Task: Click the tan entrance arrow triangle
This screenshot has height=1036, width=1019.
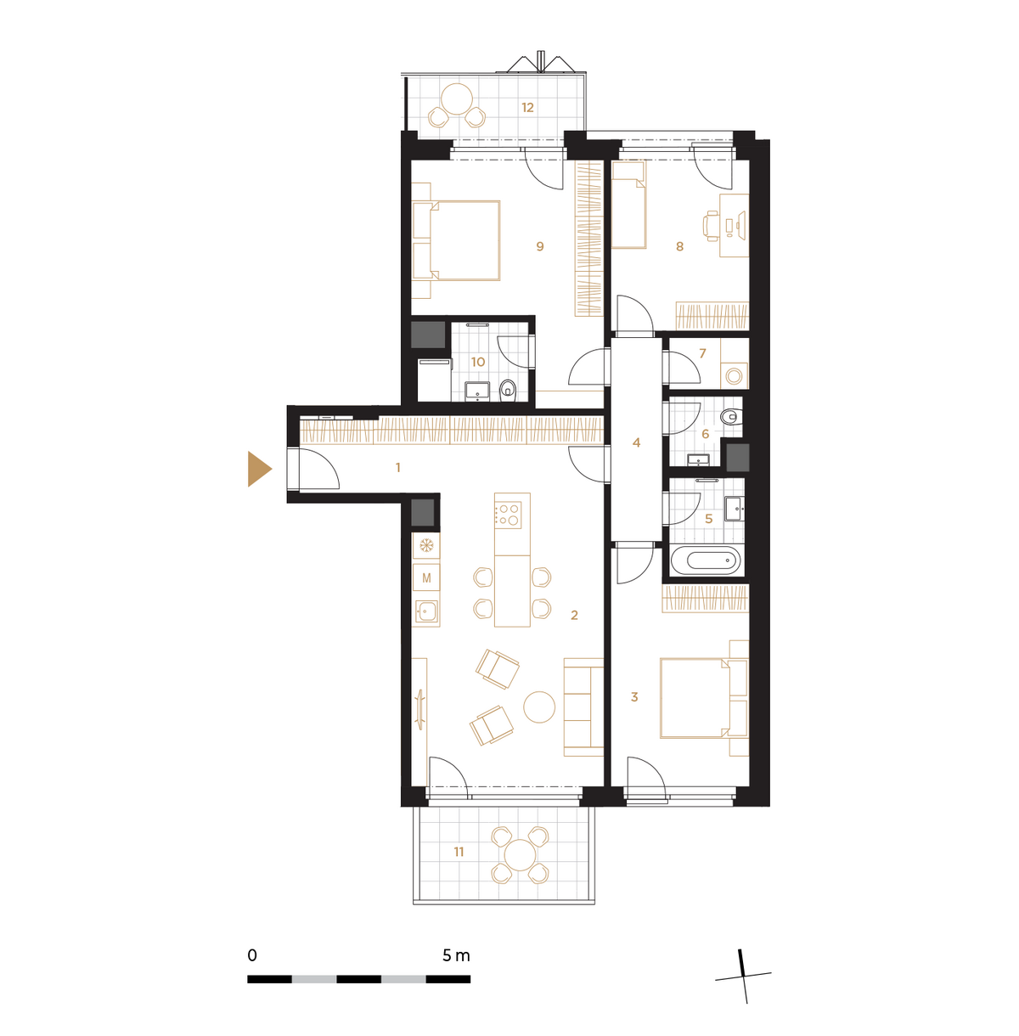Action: click(x=258, y=469)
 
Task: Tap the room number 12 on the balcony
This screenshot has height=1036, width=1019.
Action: click(x=527, y=108)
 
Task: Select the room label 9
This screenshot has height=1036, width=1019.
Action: click(x=540, y=246)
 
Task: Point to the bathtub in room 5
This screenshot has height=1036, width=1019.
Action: click(x=707, y=560)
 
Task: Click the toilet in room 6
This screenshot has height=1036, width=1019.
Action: click(x=730, y=416)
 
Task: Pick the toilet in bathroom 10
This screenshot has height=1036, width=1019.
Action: click(x=508, y=391)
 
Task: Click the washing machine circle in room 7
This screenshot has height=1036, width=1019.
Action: click(x=734, y=375)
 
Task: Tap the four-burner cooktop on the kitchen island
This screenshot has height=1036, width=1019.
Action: click(x=508, y=515)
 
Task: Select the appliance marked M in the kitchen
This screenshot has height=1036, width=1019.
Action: click(x=426, y=578)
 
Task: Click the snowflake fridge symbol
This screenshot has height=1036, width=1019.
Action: click(x=426, y=546)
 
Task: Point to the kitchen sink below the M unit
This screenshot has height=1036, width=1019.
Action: click(x=426, y=611)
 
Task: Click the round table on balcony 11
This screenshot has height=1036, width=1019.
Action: click(x=520, y=855)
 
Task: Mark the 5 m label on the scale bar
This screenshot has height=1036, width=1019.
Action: click(x=456, y=955)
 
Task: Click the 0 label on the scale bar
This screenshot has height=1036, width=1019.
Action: click(x=252, y=955)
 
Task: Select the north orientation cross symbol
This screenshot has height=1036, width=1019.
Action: click(x=743, y=976)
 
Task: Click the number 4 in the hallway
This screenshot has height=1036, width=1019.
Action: click(x=636, y=442)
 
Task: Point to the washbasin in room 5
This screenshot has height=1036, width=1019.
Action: click(x=734, y=509)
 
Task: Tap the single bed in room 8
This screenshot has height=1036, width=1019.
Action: click(x=629, y=205)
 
